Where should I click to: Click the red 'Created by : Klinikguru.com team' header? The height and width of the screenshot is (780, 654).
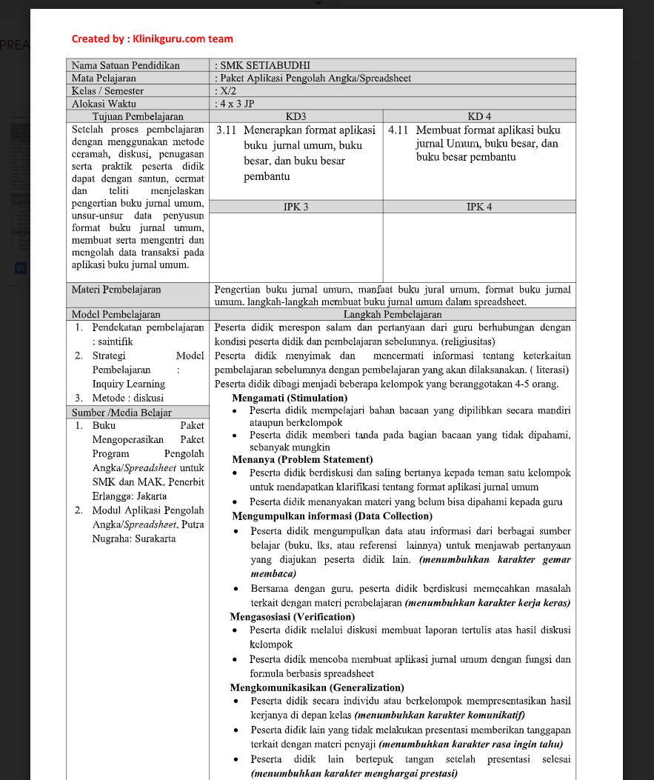pos(152,39)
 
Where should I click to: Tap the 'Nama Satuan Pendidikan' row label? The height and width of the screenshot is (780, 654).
pos(126,65)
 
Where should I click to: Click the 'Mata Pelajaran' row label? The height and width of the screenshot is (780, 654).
pos(104,78)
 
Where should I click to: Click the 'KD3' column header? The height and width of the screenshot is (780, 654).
pos(296,116)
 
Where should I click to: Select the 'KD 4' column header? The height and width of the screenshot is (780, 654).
pos(479,116)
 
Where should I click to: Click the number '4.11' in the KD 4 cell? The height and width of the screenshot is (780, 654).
pos(398,130)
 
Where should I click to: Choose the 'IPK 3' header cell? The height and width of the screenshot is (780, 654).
pos(296,207)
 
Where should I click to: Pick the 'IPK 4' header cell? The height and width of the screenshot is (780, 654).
pos(479,207)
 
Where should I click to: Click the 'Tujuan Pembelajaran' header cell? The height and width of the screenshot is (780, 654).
pos(138,116)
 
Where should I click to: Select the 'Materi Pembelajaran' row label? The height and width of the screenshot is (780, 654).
pos(116,290)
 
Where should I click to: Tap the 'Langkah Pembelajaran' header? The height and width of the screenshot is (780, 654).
pos(392,314)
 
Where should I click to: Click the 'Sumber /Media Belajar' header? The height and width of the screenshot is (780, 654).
pos(121,413)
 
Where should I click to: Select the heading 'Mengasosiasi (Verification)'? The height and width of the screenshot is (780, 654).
pos(292,616)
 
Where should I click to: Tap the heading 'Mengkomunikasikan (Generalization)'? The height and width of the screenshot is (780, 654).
pos(317,687)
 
